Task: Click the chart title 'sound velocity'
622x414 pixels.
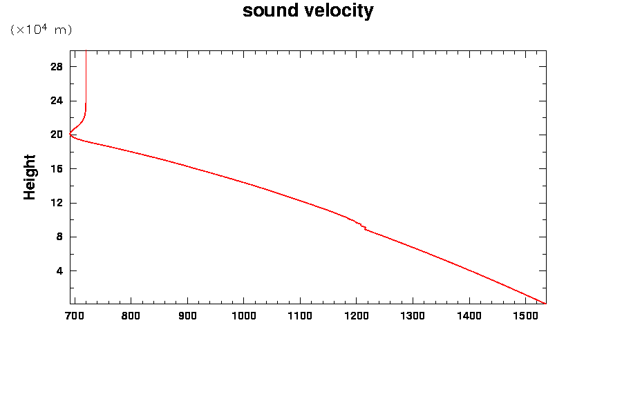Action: point(308,11)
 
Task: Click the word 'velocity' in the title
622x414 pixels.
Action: point(338,11)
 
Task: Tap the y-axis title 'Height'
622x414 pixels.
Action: point(30,177)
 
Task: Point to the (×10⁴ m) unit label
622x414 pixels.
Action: point(41,30)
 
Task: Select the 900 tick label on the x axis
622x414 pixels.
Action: point(187,316)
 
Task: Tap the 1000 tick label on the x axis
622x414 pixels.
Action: point(243,316)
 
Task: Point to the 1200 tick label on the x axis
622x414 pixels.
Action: point(356,316)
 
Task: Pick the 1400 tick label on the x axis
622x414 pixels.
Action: point(469,316)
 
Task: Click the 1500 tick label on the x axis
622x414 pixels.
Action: point(525,316)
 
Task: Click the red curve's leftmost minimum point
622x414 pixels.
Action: point(70,135)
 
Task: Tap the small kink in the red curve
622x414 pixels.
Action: point(364,227)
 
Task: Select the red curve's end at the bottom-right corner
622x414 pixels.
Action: point(545,303)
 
